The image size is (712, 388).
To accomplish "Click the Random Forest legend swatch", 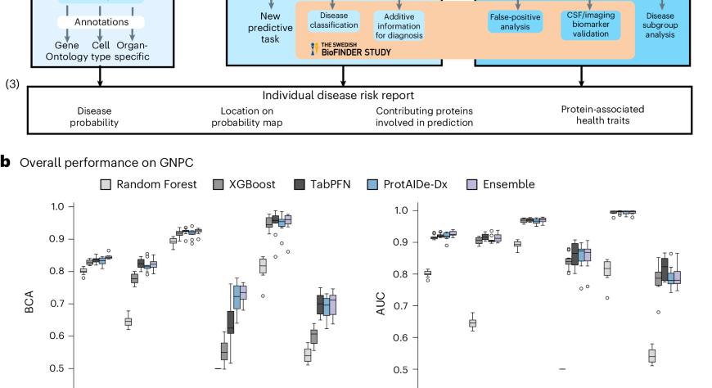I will (106, 184).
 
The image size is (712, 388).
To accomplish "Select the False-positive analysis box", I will (516, 21).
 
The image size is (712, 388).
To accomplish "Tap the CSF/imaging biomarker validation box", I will (593, 21).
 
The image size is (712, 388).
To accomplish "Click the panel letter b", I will (6, 162).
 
